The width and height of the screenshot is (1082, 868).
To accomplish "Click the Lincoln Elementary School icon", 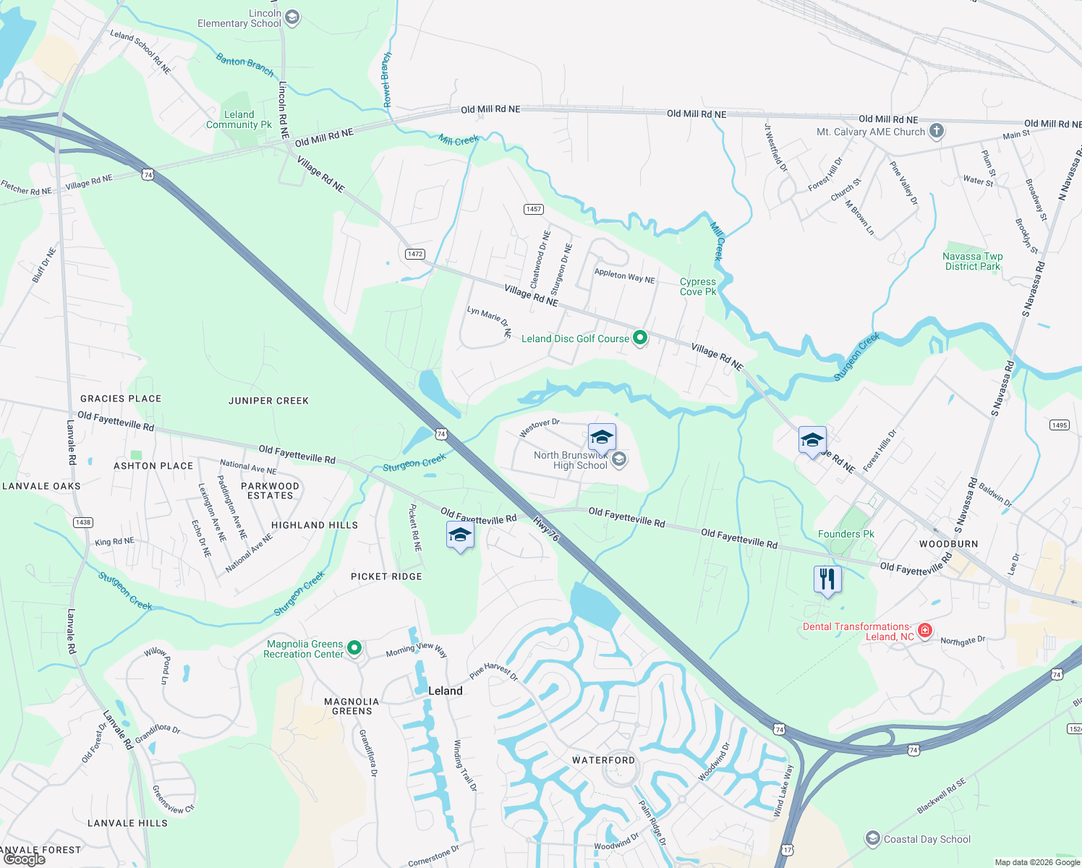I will [x=292, y=17].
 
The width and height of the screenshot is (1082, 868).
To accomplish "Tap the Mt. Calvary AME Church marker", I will [x=937, y=131].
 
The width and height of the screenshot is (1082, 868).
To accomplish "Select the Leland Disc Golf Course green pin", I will [x=640, y=338].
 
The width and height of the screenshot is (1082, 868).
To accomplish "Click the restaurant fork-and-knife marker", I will [x=827, y=579].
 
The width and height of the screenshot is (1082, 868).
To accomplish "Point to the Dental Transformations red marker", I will [x=925, y=631].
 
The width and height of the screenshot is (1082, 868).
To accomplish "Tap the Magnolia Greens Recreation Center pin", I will [x=354, y=648].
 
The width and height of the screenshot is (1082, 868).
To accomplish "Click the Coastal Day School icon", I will [x=873, y=839].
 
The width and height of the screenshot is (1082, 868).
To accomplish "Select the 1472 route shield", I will [x=415, y=254].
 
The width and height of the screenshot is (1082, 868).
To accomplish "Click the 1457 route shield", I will [x=533, y=209].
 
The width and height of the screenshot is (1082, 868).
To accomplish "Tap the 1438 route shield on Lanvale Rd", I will [x=83, y=522].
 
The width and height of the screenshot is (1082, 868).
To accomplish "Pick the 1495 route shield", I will [x=1059, y=425].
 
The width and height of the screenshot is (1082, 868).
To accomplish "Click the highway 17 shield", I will [x=788, y=848].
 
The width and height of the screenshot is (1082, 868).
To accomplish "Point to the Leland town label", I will [x=445, y=691].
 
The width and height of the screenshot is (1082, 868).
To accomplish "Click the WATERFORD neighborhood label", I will [x=603, y=760].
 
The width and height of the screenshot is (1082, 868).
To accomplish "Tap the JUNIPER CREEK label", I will [x=268, y=401].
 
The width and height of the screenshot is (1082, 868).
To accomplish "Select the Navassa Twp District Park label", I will [x=972, y=261].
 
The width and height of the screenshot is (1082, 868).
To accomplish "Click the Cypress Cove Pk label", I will [x=698, y=286].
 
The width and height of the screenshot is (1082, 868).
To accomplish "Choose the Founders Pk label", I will [x=845, y=534].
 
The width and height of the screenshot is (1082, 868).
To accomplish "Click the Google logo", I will [x=24, y=859].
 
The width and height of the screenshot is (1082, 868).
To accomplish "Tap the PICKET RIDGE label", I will [x=386, y=576].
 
